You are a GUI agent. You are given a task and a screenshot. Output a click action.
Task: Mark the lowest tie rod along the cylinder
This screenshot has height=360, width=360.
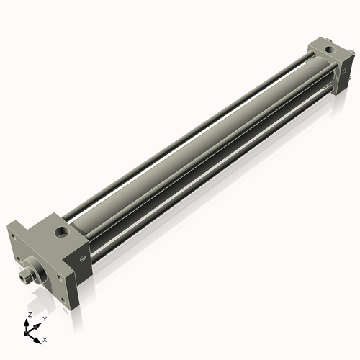click(x=209, y=180)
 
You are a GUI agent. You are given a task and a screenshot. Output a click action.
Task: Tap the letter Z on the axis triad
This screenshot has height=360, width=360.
click(x=28, y=315)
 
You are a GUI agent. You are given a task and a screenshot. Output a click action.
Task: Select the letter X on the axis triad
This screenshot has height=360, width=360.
click(x=45, y=338)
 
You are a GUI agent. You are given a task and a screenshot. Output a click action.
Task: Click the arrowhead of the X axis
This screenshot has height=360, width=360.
click(x=38, y=336)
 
